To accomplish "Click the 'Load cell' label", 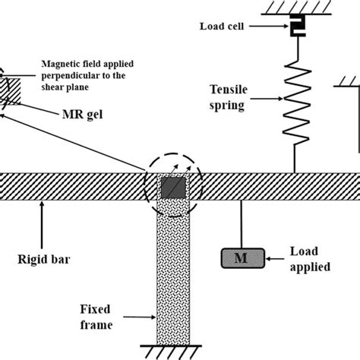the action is (x=222, y=27).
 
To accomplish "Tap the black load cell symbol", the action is (x=298, y=25).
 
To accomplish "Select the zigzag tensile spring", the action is (x=297, y=103).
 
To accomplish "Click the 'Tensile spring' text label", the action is (x=229, y=97).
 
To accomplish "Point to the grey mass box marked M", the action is (x=243, y=258).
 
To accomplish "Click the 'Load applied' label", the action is (x=310, y=259).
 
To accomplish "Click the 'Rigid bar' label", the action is (x=44, y=259).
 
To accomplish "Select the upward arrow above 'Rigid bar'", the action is (x=42, y=225).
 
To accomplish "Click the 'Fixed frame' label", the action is (x=96, y=317).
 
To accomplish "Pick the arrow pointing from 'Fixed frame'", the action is (x=140, y=317).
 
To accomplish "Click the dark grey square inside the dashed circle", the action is (x=173, y=188).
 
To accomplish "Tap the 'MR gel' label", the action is (x=83, y=115).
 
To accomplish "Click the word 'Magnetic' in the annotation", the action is (x=58, y=64).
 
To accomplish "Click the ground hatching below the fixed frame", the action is (x=171, y=352).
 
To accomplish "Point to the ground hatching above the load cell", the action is (x=296, y=8).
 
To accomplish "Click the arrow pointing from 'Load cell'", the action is (x=268, y=26).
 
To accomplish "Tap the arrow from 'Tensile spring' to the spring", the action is (x=267, y=99).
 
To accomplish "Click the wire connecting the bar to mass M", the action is (x=242, y=224).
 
